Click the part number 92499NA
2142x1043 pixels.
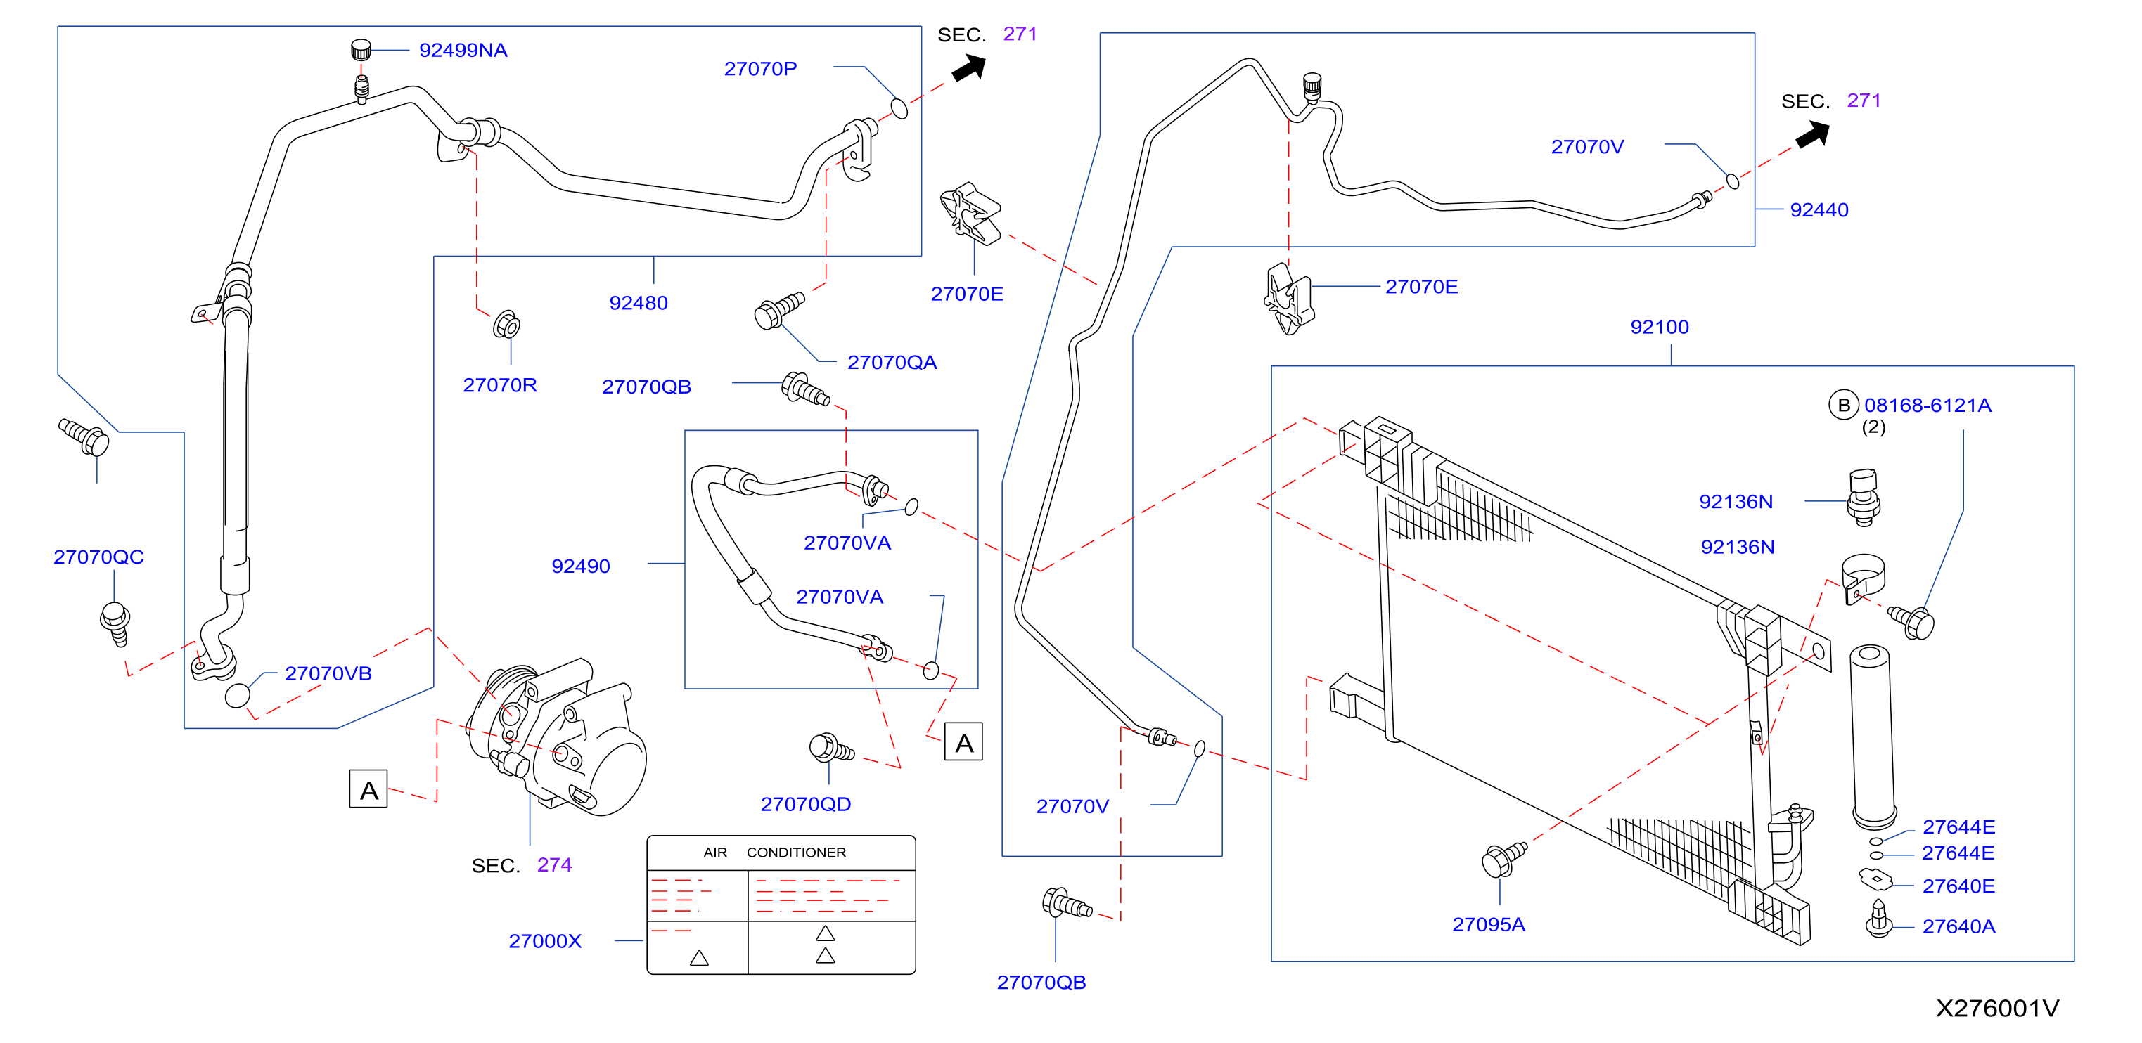tap(463, 51)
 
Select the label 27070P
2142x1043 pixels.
tap(760, 69)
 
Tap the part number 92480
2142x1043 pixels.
tap(638, 304)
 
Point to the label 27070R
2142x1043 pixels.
tap(500, 386)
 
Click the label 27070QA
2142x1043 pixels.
tap(892, 363)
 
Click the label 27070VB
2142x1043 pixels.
tap(328, 674)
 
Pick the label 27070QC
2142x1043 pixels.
tap(98, 557)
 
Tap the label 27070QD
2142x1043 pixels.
tap(805, 805)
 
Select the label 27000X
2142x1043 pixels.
tap(545, 942)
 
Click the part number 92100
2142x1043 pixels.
tap(1659, 328)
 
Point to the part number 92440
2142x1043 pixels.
tap(1819, 210)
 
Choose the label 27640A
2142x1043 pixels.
tap(1958, 926)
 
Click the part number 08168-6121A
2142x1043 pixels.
tap(1927, 406)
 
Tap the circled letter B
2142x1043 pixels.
tap(1842, 406)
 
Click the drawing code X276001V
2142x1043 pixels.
tap(1996, 1009)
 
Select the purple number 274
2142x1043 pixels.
tap(554, 865)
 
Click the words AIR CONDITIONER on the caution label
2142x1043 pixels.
tap(774, 853)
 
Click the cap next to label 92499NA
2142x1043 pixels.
tap(360, 50)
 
